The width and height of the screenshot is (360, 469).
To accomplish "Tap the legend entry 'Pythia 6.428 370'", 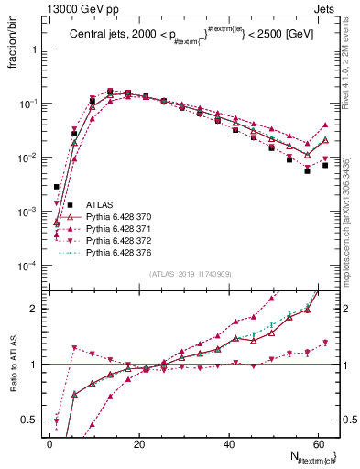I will pyautogui.click(x=125, y=217).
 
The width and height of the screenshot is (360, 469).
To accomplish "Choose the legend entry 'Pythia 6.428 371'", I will pyautogui.click(x=125, y=228).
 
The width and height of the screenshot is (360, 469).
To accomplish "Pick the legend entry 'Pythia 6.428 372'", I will pyautogui.click(x=125, y=240).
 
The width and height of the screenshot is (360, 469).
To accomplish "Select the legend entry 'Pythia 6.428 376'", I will pyautogui.click(x=125, y=252).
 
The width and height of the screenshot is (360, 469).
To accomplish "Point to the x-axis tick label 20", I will pyautogui.click(x=138, y=444).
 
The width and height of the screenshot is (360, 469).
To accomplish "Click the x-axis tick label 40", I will pyautogui.click(x=228, y=444).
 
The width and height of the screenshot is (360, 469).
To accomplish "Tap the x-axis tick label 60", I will pyautogui.click(x=317, y=444).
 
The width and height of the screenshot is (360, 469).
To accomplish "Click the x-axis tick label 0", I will pyautogui.click(x=49, y=444).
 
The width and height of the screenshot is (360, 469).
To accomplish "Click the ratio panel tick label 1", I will pyautogui.click(x=35, y=365).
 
